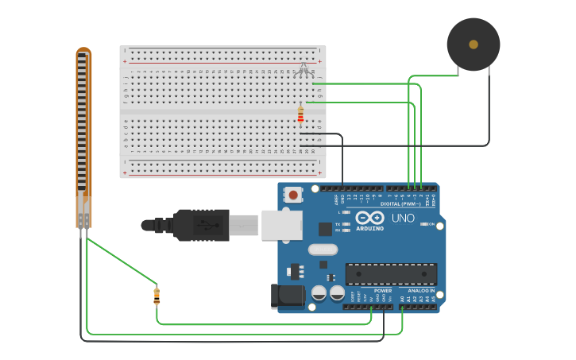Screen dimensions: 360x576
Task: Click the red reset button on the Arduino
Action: coord(293,194)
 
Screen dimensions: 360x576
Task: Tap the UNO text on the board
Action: coord(403,218)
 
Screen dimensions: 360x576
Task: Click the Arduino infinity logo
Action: coord(369,217)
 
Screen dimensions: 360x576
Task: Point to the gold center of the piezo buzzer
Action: coord(474,45)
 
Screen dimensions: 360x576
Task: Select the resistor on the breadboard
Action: coord(300,115)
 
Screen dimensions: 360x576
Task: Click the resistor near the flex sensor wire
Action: coord(157,296)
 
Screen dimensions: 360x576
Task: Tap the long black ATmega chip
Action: coord(391,274)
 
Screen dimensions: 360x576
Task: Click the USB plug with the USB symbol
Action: coord(202,225)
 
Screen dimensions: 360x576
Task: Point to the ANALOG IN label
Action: coord(421,291)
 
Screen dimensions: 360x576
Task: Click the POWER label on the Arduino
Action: coord(383,291)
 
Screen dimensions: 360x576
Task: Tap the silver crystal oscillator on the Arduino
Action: coord(323,250)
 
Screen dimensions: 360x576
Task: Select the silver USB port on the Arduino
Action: coord(281,225)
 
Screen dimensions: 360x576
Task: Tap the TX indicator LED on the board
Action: coord(346,224)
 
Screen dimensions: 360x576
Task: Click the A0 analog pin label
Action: coord(402,299)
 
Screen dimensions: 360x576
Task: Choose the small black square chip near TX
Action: coord(325,229)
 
